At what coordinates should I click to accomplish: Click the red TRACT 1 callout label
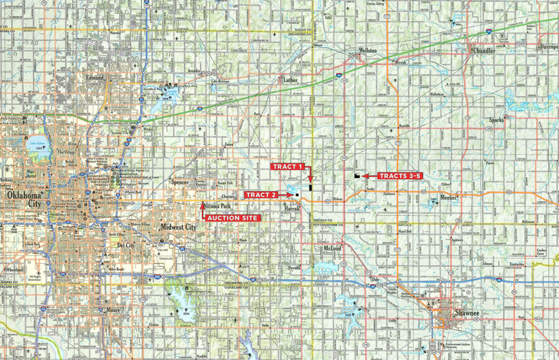coord(288,166)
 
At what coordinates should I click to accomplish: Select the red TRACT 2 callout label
coord(261,195)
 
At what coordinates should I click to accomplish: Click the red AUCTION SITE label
coord(232,218)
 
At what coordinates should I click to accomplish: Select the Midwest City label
coord(178,227)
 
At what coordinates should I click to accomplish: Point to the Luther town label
coord(291,79)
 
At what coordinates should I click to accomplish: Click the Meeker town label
coord(448,197)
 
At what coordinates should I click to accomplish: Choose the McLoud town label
coord(332,248)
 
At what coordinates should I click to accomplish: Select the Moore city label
coord(113,308)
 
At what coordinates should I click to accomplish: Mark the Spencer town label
coord(180,183)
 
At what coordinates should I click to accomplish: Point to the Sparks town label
coord(496,119)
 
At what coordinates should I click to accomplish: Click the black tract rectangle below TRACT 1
coord(310,186)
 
